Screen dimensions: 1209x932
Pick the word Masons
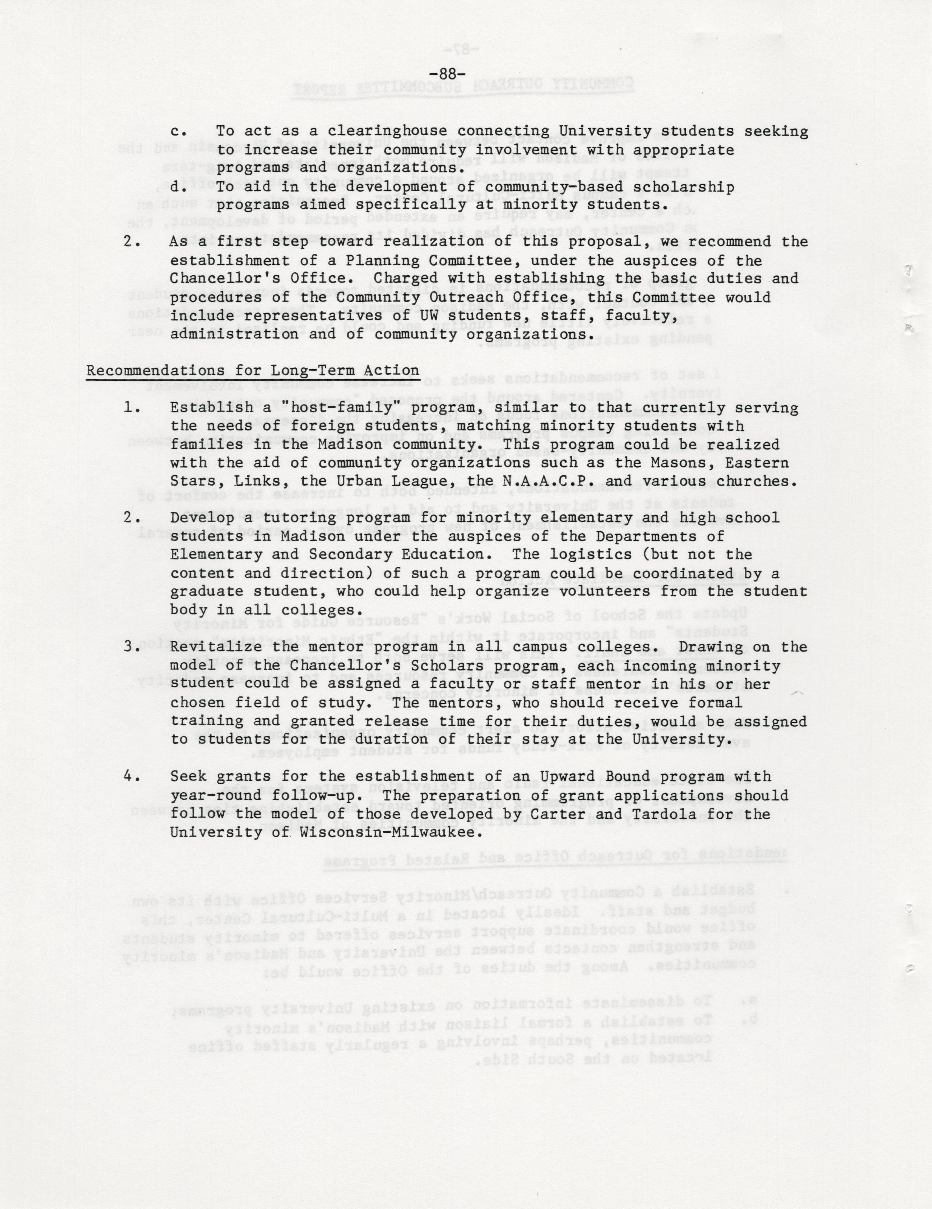pyautogui.click(x=697, y=462)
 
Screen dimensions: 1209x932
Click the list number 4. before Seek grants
pyautogui.click(x=131, y=777)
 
